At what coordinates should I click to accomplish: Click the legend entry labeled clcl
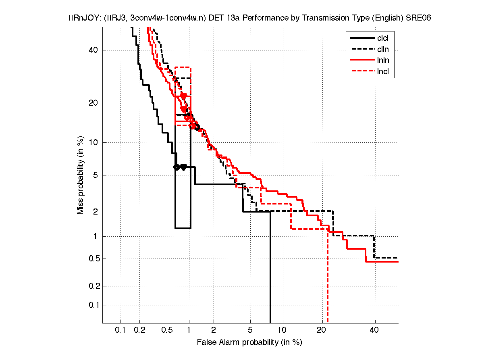coord(383,38)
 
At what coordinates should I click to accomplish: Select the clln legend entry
coord(383,50)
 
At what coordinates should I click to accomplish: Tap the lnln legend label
coord(383,61)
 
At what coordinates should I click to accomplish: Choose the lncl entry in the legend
coord(383,72)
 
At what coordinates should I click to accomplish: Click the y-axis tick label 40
coord(94,50)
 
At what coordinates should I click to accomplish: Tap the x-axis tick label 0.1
coord(120,330)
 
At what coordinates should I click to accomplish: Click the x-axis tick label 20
coord(322,330)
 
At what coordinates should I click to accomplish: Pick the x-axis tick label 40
coord(374,330)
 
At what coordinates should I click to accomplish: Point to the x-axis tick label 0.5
coord(167,330)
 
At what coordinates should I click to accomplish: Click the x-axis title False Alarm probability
coord(249,342)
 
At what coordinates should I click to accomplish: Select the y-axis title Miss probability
coord(81,175)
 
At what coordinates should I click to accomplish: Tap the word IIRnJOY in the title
coord(81,19)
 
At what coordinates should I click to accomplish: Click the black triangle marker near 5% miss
coord(183,167)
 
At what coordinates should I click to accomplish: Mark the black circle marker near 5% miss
coord(176,167)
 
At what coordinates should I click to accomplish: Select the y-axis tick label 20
coord(94,103)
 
